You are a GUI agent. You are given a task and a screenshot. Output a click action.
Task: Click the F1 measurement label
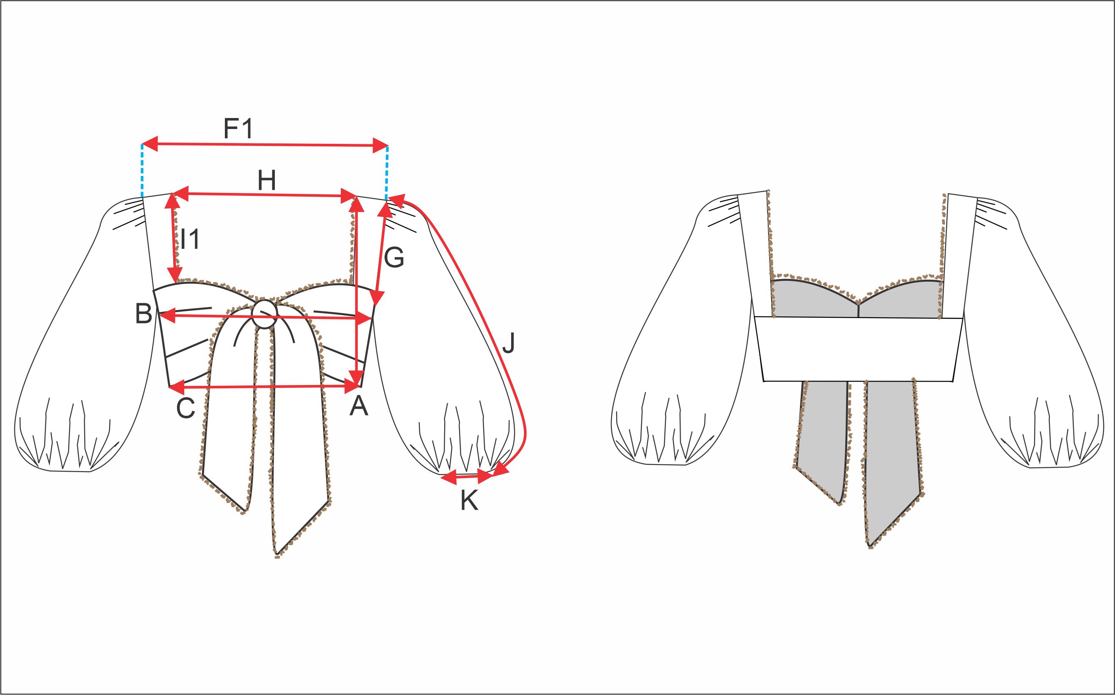(238, 129)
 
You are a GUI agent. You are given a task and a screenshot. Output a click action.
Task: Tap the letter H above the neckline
(267, 181)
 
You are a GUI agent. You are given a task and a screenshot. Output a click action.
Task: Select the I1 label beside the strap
(190, 239)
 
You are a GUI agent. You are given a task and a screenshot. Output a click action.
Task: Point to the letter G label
(394, 258)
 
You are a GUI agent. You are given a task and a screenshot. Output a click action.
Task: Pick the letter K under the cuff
(469, 500)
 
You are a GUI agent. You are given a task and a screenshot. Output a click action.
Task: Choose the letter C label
(186, 408)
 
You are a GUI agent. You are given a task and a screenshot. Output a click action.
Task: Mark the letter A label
(359, 406)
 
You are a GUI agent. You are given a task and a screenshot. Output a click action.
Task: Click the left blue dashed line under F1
(142, 171)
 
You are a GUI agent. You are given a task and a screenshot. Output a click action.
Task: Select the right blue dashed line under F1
(387, 173)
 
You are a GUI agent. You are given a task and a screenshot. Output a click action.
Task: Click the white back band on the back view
(859, 349)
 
